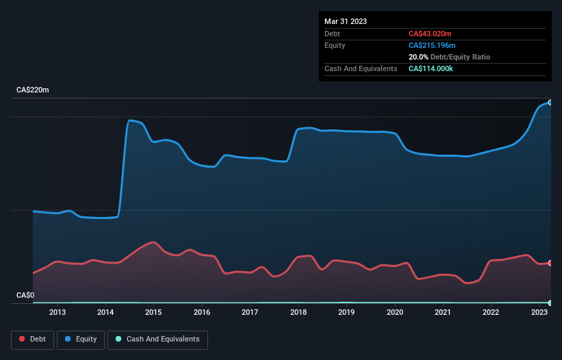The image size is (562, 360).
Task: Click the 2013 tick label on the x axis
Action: point(58,313)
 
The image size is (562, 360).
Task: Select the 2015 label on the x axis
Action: point(154,313)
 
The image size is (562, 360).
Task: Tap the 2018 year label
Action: point(298,313)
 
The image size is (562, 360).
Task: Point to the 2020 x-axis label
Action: point(395,313)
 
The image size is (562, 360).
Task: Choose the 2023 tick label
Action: point(539,313)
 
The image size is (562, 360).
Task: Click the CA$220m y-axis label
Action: point(33,90)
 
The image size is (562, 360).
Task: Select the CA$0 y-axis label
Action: point(25,295)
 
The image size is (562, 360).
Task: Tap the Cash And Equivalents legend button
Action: point(157,339)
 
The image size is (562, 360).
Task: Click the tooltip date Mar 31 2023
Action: point(346,21)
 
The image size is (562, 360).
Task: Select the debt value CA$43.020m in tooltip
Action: point(430,34)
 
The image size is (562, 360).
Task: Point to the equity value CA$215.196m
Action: point(433,45)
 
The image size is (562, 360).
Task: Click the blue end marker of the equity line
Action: point(550,102)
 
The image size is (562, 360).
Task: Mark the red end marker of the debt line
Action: point(550,263)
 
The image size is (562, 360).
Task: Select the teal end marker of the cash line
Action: point(550,303)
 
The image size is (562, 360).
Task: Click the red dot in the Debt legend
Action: point(23,339)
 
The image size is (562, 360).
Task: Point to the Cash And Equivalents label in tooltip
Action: point(361,68)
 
